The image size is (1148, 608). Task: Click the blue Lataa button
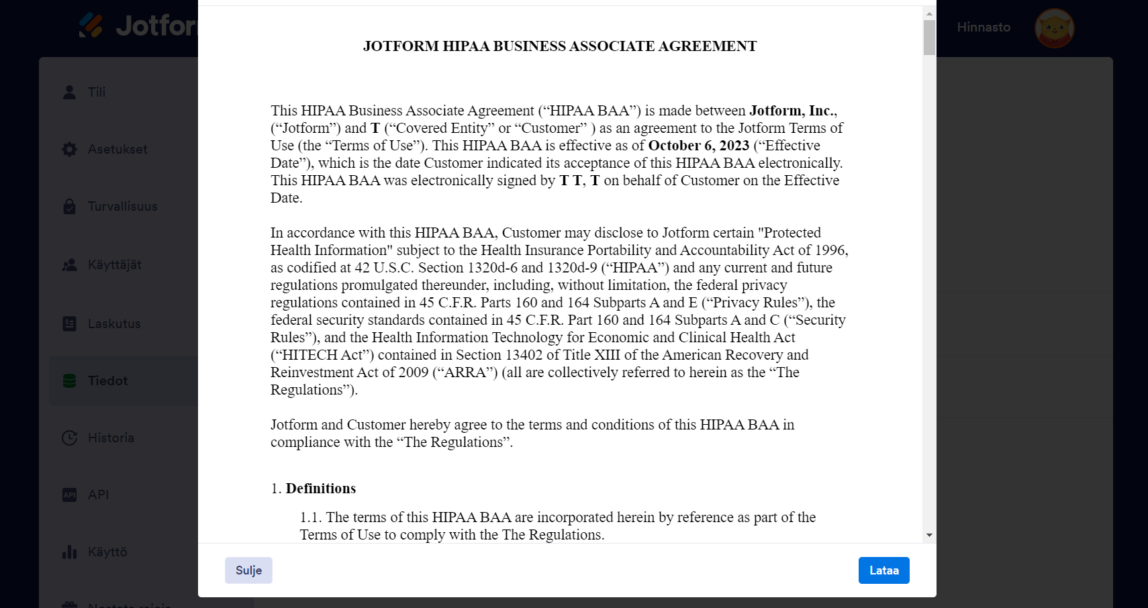click(x=883, y=570)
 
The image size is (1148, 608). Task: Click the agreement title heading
click(x=560, y=46)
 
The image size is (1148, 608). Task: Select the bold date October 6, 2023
click(x=698, y=146)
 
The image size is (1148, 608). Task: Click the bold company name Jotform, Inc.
click(x=792, y=111)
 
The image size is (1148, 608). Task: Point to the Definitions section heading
click(x=320, y=489)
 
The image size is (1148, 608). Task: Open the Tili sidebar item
click(x=97, y=92)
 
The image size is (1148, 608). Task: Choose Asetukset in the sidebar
click(x=117, y=149)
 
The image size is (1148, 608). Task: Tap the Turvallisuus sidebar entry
click(x=122, y=206)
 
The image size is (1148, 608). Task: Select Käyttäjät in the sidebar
click(x=114, y=264)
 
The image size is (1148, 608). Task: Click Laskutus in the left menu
click(x=114, y=323)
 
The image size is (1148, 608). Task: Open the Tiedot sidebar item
click(x=107, y=381)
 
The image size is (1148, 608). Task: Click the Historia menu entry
click(x=111, y=438)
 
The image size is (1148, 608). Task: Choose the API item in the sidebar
click(x=98, y=495)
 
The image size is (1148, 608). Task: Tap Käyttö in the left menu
click(x=107, y=552)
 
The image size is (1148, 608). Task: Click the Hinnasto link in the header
click(x=984, y=27)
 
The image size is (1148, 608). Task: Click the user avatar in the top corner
click(x=1054, y=28)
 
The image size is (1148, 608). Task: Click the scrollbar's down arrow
click(x=929, y=535)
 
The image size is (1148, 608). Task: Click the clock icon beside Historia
click(x=69, y=438)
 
